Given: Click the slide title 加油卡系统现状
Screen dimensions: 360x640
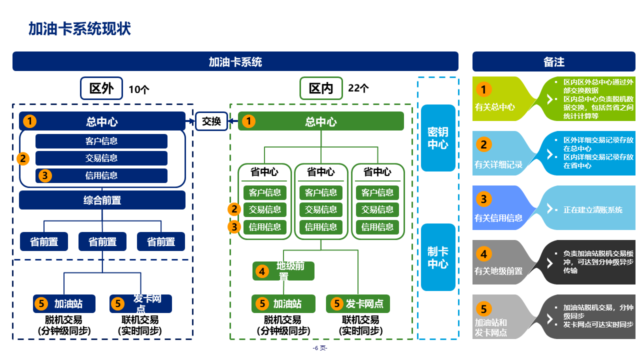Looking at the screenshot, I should tap(79, 29).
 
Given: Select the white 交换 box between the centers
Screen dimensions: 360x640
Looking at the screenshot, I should tap(211, 121).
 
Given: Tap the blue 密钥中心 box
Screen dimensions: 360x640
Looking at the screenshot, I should tap(438, 138).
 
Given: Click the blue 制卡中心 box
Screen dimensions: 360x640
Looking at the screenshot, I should tap(438, 257).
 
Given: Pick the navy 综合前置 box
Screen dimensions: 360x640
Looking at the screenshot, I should tap(102, 200).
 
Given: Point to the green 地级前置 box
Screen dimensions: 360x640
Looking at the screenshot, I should tap(283, 271).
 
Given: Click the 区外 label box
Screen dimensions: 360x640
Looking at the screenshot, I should tap(101, 88).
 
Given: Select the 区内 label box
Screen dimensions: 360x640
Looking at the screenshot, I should tap(321, 88).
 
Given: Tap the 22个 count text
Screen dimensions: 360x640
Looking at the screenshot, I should tap(358, 89).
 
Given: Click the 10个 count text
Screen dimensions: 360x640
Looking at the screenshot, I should tap(139, 90).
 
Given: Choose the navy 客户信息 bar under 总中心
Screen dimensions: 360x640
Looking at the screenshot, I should tap(101, 141).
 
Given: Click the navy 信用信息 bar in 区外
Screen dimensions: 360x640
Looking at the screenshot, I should tap(101, 175).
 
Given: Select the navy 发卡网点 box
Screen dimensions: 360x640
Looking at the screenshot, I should tap(140, 303).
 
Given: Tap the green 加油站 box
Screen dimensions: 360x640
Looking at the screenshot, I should tap(283, 303).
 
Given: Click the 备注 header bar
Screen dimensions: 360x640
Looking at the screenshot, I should tap(554, 61).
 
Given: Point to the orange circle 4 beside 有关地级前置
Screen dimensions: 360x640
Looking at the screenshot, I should tap(483, 254).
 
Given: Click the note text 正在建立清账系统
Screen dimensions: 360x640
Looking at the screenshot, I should tap(593, 210).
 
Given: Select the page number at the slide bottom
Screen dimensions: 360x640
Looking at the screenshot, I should tap(320, 348).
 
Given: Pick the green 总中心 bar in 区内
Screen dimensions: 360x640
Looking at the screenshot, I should tap(321, 121).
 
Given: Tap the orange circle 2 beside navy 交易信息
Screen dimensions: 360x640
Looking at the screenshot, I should tap(23, 158).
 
